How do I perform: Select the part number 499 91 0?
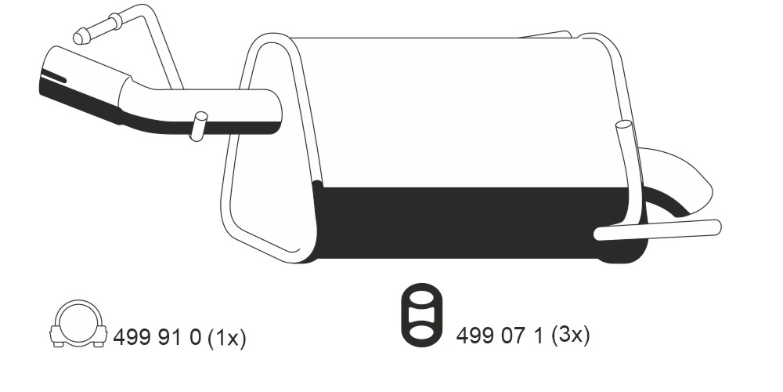(x=157, y=339)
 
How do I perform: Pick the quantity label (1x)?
(x=226, y=339)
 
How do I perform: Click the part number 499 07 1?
(x=500, y=335)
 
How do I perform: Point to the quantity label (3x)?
(x=570, y=335)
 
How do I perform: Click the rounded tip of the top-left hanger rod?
(x=81, y=37)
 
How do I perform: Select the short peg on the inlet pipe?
(x=198, y=126)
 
